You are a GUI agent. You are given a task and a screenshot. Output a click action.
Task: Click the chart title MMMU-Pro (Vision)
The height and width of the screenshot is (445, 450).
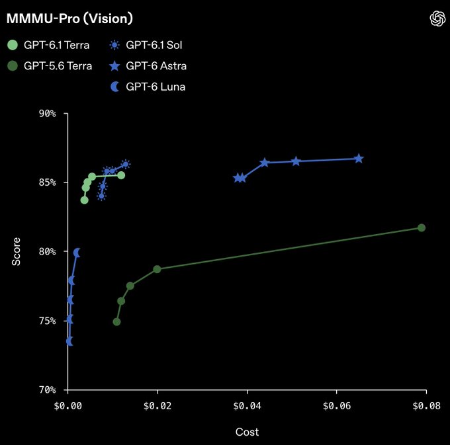pyautogui.click(x=69, y=19)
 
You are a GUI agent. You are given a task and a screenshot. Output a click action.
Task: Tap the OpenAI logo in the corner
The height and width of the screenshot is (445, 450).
pyautogui.click(x=437, y=19)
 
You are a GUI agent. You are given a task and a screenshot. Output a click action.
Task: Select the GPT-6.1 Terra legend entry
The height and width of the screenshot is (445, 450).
pyautogui.click(x=48, y=45)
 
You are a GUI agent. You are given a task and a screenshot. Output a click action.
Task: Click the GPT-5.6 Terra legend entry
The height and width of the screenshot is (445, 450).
pyautogui.click(x=50, y=66)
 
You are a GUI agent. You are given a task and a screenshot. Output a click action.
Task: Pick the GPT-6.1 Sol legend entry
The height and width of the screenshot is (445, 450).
pyautogui.click(x=146, y=45)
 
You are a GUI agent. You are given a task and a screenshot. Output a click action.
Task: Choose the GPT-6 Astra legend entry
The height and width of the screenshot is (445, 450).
pyautogui.click(x=148, y=66)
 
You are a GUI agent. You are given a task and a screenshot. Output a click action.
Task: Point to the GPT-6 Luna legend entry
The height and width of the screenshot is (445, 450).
pyautogui.click(x=148, y=87)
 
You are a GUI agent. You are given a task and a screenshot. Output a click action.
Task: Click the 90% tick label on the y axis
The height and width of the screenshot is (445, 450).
pyautogui.click(x=48, y=114)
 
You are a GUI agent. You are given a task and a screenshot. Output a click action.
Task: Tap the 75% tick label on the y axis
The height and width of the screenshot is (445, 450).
pyautogui.click(x=48, y=321)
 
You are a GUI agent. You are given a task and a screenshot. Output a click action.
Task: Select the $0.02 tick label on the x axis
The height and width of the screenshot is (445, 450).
pyautogui.click(x=157, y=406)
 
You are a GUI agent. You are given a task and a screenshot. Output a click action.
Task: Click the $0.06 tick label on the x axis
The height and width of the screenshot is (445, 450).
pyautogui.click(x=337, y=406)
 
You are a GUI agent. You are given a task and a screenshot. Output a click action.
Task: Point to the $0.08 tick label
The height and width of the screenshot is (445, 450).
pyautogui.click(x=426, y=406)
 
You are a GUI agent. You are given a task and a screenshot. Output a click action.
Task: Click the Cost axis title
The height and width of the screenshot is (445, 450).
pyautogui.click(x=247, y=432)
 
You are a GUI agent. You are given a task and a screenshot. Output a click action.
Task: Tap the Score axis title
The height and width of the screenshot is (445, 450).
pyautogui.click(x=16, y=251)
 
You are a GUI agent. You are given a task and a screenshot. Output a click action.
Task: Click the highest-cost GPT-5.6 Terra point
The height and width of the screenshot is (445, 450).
pyautogui.click(x=422, y=227)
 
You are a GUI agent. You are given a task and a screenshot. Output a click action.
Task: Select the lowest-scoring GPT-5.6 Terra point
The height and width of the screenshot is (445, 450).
pyautogui.click(x=116, y=322)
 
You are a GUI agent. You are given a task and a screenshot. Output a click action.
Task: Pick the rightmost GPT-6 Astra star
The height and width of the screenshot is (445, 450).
pyautogui.click(x=359, y=159)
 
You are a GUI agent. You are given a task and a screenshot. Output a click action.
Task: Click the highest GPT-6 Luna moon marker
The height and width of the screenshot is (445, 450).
pyautogui.click(x=77, y=253)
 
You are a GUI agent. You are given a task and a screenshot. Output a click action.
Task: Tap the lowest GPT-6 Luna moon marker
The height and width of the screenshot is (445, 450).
pyautogui.click(x=69, y=341)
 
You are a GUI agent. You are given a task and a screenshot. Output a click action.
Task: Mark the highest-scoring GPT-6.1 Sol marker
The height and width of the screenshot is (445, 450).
pyautogui.click(x=126, y=164)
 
